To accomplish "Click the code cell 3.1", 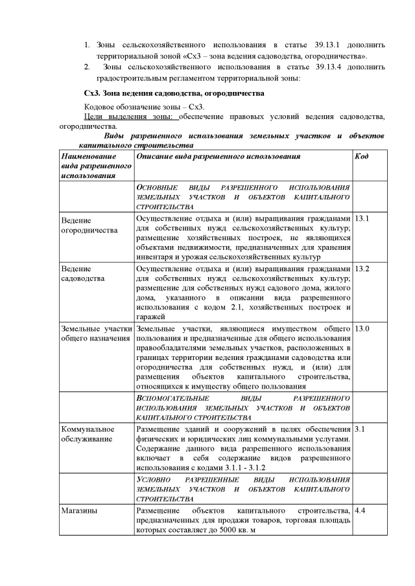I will coord(360,429).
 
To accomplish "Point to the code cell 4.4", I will coord(360,511).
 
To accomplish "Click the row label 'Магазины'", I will coord(80,511).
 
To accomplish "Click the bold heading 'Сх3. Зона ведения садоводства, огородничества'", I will coord(174,93).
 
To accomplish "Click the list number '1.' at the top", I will coord(88,46).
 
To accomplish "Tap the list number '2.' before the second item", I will coord(88,67).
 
